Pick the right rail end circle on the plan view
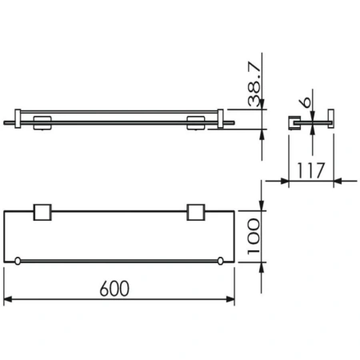(x=219, y=261)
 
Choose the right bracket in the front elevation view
(x=194, y=122)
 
